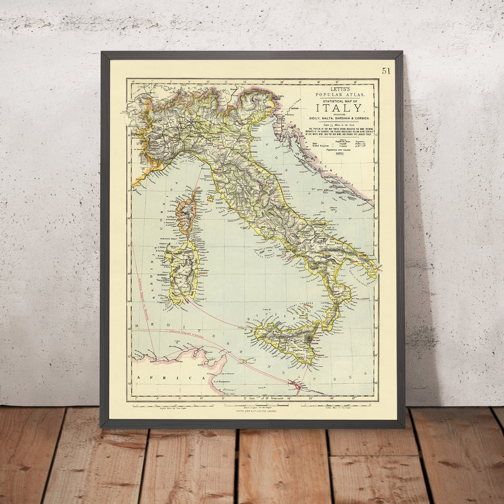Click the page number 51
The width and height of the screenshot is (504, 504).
386,71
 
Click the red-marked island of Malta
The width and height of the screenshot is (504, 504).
297,386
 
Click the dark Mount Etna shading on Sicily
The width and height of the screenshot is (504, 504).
309,338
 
